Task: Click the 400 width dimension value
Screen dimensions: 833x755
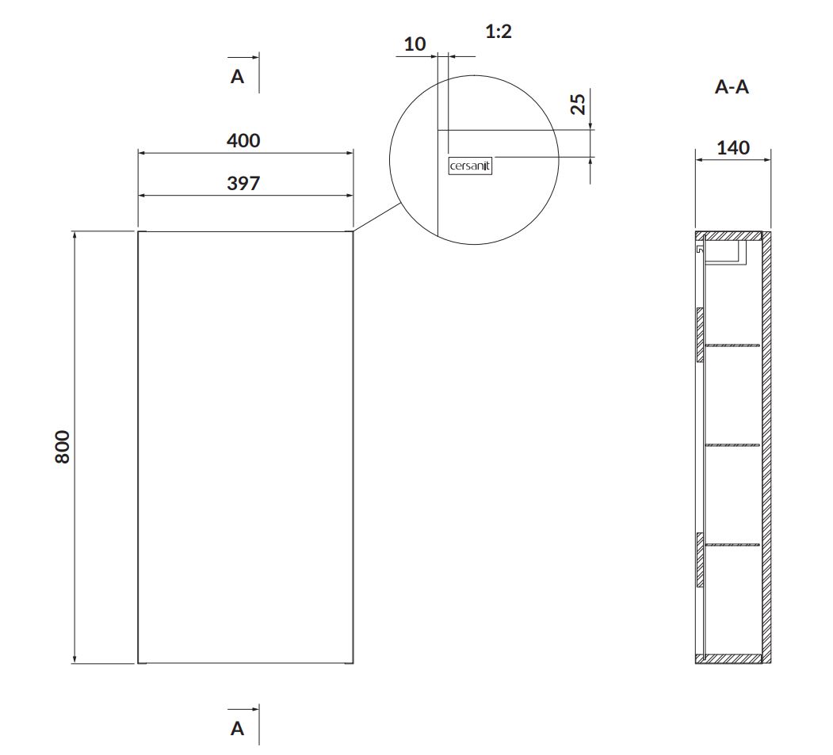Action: pos(243,141)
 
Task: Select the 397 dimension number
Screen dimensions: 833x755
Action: pos(243,184)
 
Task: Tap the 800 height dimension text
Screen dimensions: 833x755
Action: pos(62,447)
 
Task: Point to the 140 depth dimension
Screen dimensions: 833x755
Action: pos(733,147)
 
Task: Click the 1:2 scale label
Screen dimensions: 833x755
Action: pos(499,32)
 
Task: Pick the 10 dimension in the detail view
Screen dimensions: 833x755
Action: pos(415,44)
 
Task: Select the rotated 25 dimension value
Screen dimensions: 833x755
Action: pos(578,104)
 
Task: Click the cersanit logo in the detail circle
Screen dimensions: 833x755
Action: pos(470,166)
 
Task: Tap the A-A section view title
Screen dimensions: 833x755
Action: pos(732,86)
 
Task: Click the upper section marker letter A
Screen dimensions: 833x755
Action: pos(237,77)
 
